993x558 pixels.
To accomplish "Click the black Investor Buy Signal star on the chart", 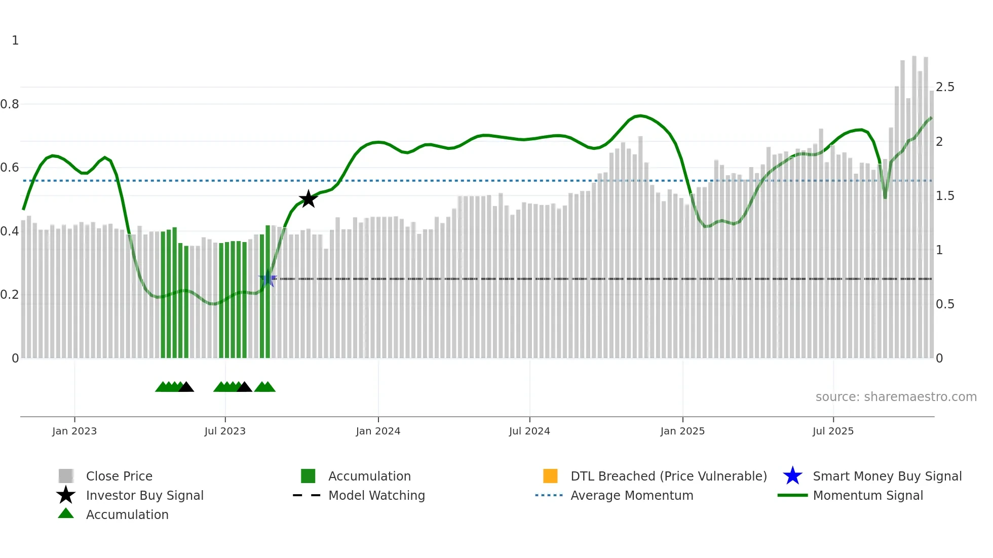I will (308, 199).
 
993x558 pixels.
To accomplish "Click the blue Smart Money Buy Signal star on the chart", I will (268, 279).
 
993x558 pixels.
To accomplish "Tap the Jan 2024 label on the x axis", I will (378, 431).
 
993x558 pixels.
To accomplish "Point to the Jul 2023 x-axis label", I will (225, 431).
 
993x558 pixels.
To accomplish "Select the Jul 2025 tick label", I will (833, 431).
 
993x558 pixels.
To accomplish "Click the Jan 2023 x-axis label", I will (74, 431).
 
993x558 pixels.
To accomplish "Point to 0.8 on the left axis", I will (10, 104).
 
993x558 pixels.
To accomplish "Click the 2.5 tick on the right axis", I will (945, 87).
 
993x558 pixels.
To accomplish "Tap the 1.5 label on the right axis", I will (945, 196).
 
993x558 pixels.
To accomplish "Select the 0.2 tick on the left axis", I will (10, 295).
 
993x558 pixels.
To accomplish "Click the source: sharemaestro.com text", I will (896, 397).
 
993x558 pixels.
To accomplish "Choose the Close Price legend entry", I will (119, 476).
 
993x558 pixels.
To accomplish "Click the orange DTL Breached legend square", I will (550, 476).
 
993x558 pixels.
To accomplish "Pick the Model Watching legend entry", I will (376, 495).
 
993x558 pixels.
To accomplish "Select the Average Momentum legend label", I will (632, 495).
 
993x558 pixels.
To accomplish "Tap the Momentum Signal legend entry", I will (868, 495).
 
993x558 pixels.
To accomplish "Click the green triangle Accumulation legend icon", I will (66, 513).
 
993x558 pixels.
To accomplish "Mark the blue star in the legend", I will (792, 476).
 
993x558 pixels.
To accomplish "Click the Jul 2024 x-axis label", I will (529, 431).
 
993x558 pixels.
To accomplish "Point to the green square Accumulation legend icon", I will (308, 476).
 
